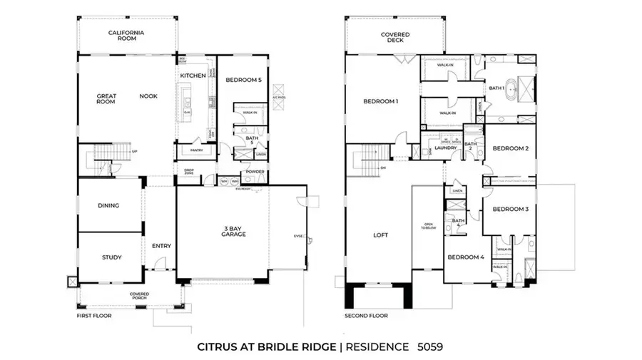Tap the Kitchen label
click(x=193, y=76)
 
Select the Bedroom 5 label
click(x=243, y=81)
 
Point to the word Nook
click(x=148, y=96)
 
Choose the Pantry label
click(x=192, y=150)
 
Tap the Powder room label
click(x=255, y=172)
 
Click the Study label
click(x=111, y=257)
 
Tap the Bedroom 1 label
click(x=380, y=101)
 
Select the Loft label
click(x=379, y=235)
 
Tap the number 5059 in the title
click(x=431, y=347)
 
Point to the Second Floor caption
click(x=366, y=314)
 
